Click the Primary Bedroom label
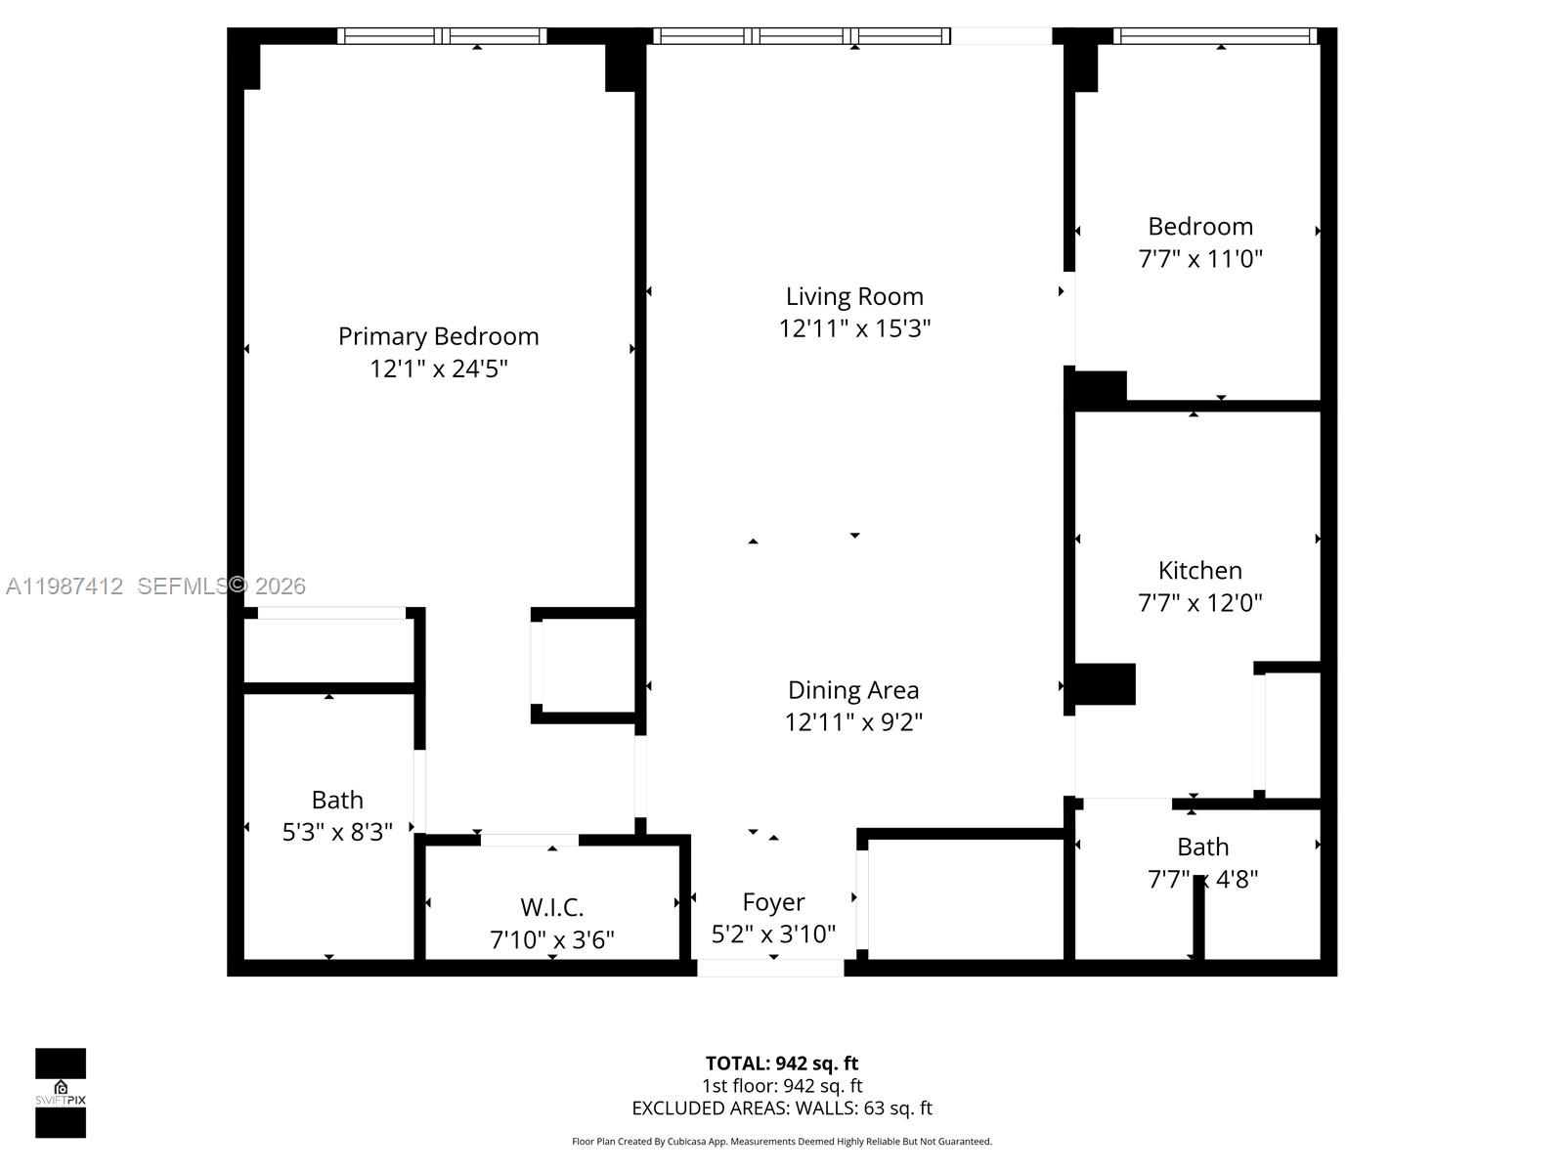tap(438, 336)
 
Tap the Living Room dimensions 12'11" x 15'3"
tap(854, 328)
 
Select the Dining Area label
tap(853, 690)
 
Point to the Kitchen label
tap(1199, 571)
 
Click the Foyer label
tap(773, 902)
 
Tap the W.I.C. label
tap(551, 907)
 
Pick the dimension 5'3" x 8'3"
tap(337, 832)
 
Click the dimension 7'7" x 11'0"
tap(1199, 259)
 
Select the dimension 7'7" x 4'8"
tap(1201, 879)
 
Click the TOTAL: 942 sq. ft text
tap(781, 1064)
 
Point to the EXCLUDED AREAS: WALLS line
tap(781, 1108)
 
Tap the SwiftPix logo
tap(61, 1093)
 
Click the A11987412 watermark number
tap(65, 586)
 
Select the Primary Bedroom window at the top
tap(442, 36)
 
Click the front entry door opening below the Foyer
tap(770, 968)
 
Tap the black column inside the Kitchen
tap(1105, 684)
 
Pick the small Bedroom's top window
tap(1215, 36)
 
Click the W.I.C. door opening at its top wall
tap(529, 840)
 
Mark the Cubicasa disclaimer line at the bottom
tap(781, 1141)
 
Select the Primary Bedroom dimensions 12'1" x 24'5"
tap(438, 369)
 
